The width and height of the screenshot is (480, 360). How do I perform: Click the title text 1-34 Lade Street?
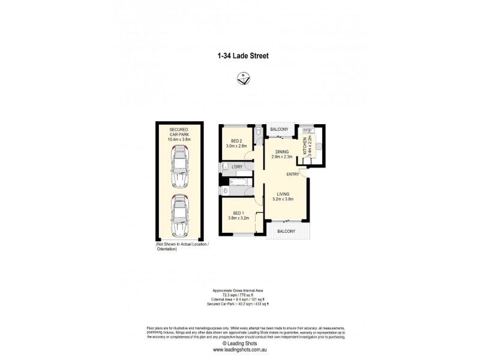click(x=242, y=56)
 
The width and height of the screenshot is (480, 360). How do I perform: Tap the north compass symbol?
click(x=244, y=78)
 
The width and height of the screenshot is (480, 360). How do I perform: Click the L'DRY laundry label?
click(x=237, y=167)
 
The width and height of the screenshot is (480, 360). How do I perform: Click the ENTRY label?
click(x=293, y=175)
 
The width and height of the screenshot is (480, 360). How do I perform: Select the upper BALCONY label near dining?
click(x=280, y=130)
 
